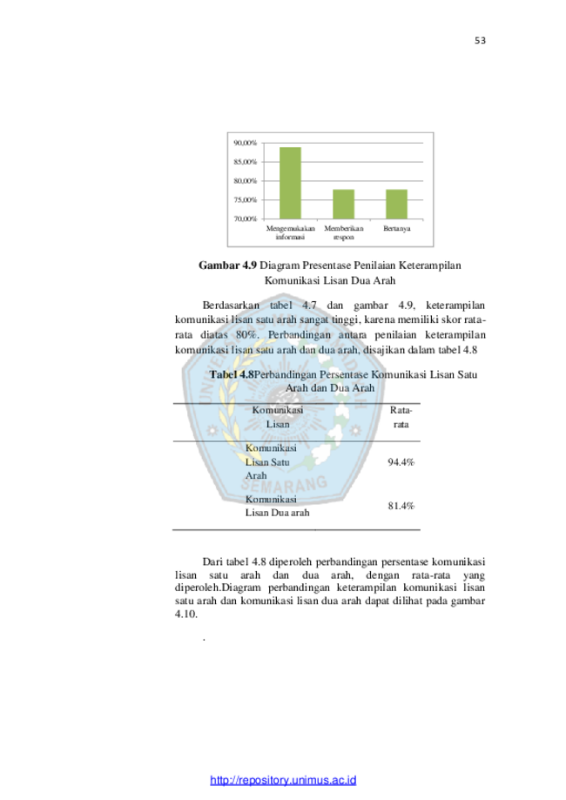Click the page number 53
coord(480,40)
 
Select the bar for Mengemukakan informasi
coord(290,183)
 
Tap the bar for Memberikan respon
coord(343,204)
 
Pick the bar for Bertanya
coord(396,204)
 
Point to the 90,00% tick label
coord(245,143)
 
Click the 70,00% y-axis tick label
coord(245,218)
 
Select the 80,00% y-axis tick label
coord(245,180)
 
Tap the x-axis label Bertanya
coord(396,229)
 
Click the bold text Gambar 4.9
coord(227,266)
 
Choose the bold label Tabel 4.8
coord(232,374)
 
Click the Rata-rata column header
coord(401,417)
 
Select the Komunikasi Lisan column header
coord(278,417)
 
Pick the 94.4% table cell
coord(401,462)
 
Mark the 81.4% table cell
coord(401,506)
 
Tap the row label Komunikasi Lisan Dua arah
coord(277,506)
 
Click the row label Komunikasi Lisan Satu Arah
coord(271,461)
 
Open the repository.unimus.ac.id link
coord(283,780)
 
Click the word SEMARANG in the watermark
coord(284,483)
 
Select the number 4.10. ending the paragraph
coord(186,615)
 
